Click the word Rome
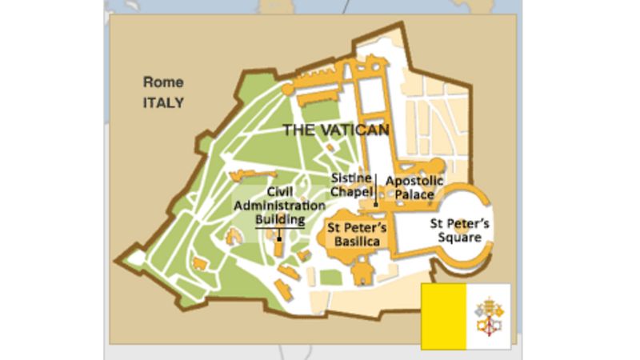coord(163,82)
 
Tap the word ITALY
coord(163,102)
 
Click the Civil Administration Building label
coord(280,206)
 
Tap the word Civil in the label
coord(280,192)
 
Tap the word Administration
coord(280,206)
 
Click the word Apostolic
coord(414,181)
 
